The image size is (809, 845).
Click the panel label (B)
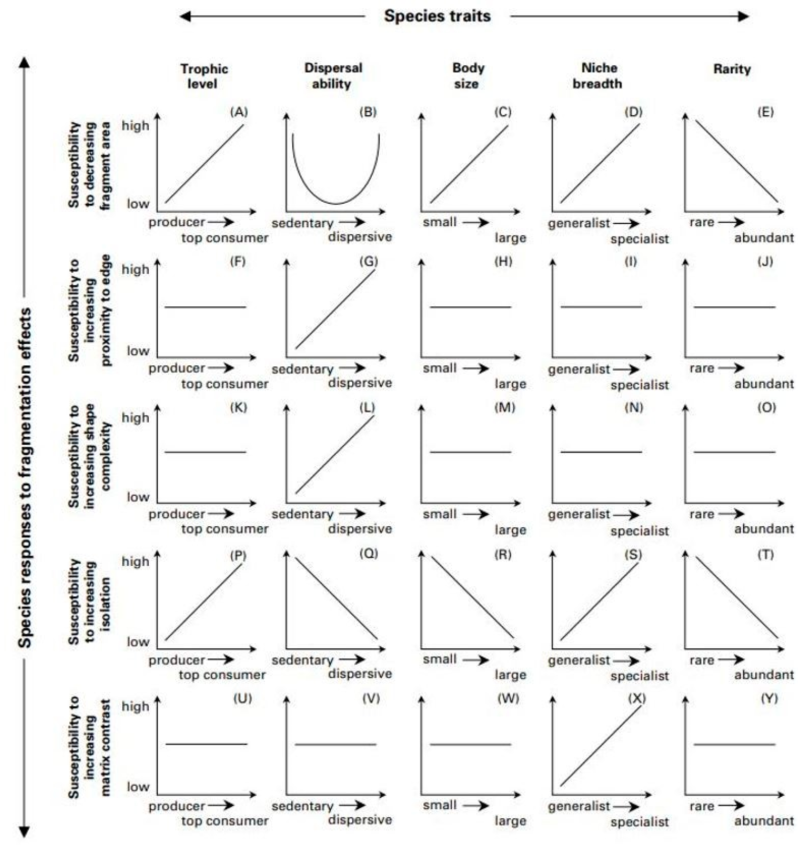tap(368, 112)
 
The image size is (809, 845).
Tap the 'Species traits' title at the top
tap(437, 16)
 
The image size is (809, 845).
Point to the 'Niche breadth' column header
tap(597, 75)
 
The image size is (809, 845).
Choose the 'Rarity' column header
tap(732, 69)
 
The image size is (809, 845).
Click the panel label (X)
tap(636, 698)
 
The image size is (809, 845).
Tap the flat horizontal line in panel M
tap(470, 452)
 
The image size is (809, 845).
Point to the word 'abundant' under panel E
tap(764, 238)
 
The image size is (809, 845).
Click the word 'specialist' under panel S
tap(639, 675)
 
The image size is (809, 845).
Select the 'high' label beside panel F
tap(135, 269)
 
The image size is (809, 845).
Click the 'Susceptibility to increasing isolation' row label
tap(89, 601)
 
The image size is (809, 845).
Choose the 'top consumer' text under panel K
tap(225, 529)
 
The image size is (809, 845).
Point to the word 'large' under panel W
tap(510, 820)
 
